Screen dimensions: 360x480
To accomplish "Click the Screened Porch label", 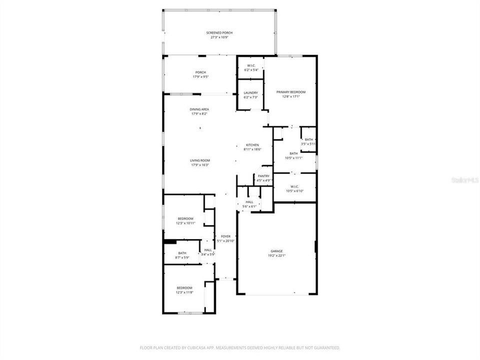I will pos(219,33).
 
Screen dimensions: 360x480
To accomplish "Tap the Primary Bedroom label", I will pos(291,92).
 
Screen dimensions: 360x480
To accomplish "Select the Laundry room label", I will pos(250,92).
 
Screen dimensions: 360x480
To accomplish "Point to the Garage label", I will pos(276,251).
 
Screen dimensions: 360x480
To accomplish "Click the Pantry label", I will pos(263,176).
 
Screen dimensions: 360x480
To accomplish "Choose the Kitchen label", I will pos(252,145).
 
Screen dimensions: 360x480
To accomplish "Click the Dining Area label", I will pos(199,109).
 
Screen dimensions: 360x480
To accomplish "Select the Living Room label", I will pos(199,160).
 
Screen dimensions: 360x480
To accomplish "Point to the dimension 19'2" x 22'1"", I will pos(276,255).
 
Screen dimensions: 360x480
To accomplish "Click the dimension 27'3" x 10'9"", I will pos(219,37).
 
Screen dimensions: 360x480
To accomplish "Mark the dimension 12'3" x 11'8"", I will pos(184,292).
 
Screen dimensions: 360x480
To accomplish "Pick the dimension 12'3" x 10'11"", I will pos(185,223).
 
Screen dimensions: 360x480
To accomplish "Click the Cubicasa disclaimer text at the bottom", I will pos(240,347).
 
